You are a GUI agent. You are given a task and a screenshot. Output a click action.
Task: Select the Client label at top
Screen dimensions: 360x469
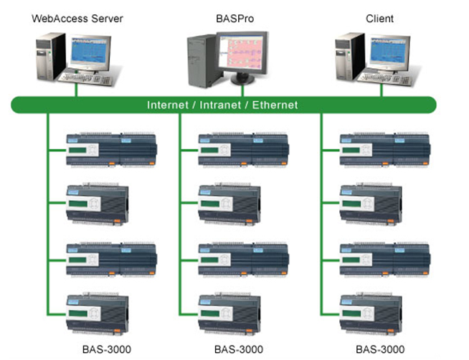tap(379, 17)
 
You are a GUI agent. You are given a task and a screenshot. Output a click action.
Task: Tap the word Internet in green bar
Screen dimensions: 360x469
tap(169, 105)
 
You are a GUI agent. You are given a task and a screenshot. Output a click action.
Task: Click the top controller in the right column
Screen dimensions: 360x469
tap(385, 149)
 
